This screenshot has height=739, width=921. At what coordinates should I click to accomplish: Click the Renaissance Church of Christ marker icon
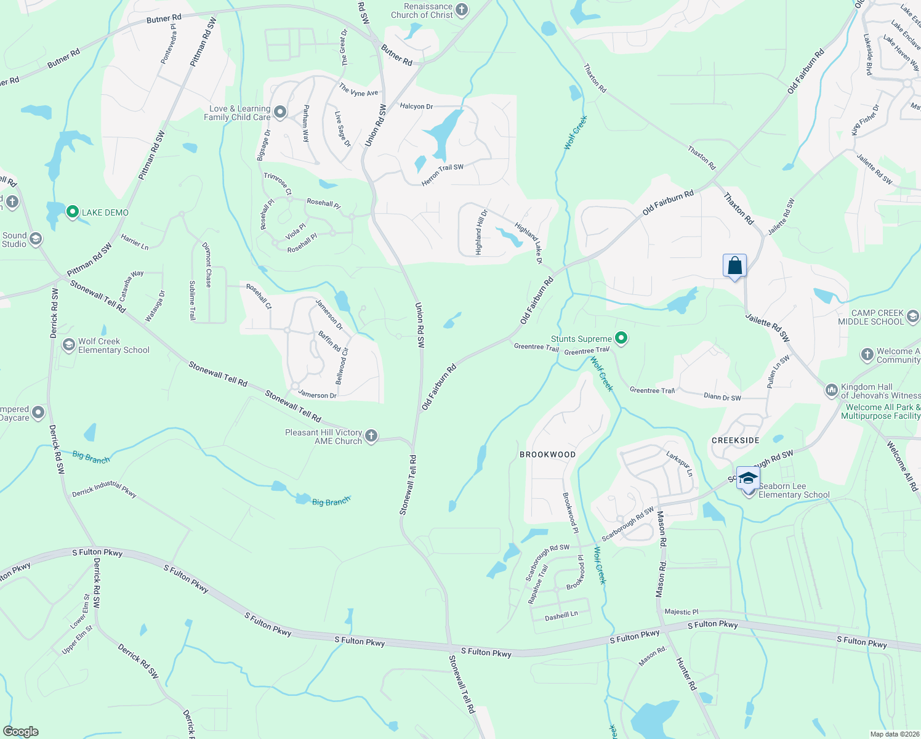click(462, 10)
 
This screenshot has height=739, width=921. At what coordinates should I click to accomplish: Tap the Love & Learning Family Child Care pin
click(280, 112)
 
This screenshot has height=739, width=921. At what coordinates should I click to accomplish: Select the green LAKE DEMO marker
click(72, 212)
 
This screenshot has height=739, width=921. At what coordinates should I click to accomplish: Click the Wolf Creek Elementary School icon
click(69, 345)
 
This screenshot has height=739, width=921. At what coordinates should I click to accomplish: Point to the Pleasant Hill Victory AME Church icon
click(371, 436)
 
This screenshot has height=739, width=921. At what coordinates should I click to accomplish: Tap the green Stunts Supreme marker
click(621, 338)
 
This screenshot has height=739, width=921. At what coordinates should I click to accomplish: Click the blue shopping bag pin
click(734, 266)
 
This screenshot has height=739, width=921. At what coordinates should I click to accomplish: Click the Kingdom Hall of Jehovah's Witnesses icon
click(831, 390)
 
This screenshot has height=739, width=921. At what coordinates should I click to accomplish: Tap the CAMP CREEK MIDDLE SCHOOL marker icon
click(913, 317)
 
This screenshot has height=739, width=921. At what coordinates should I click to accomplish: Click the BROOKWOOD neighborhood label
click(547, 454)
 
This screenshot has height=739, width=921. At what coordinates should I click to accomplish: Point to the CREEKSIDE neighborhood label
click(735, 440)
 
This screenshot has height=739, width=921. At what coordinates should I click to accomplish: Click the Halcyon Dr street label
click(416, 107)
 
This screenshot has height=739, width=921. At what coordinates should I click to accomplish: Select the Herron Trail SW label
click(442, 175)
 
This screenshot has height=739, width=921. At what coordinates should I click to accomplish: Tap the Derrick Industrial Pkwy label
click(104, 490)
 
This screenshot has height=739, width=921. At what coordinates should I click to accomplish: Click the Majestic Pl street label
click(682, 612)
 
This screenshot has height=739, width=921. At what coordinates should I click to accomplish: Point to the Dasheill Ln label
click(561, 615)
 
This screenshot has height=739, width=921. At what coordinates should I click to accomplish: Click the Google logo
click(21, 732)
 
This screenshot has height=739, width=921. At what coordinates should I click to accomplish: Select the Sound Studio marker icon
click(36, 239)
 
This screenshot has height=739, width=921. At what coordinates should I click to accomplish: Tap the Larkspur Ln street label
click(680, 463)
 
